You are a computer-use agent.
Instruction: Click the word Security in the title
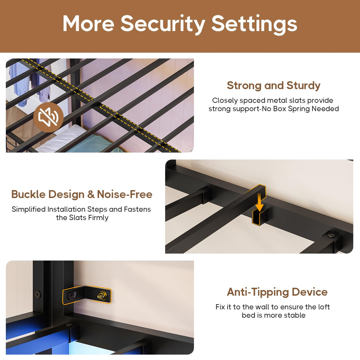coord(163,24)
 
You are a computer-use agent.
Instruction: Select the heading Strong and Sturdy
coord(273,85)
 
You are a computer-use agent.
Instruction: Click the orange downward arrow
coord(259,202)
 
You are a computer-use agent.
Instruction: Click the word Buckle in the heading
coord(28,194)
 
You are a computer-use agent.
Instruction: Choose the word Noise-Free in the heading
coord(125,194)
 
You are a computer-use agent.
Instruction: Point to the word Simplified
coord(28,209)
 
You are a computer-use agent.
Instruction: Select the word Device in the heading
coord(310,292)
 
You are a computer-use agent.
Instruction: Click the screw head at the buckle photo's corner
coord(331,235)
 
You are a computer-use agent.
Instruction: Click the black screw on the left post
coord(37,294)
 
